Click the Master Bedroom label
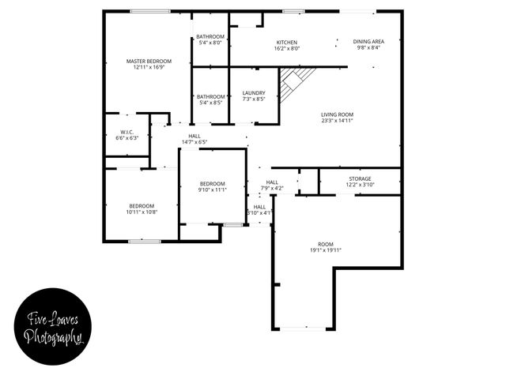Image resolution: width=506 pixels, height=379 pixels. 149,61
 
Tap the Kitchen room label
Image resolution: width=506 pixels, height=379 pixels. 286,42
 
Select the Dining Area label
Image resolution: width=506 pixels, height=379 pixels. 368,42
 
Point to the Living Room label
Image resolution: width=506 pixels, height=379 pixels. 337,114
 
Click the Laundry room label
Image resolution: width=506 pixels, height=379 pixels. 254,92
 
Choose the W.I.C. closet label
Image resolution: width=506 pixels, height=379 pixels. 126,132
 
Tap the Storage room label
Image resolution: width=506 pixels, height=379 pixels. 360,178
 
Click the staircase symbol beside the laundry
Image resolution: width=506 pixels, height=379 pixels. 296,80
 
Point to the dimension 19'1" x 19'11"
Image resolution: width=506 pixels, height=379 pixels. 325,250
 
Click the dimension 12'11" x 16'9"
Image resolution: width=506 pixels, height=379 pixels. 149,67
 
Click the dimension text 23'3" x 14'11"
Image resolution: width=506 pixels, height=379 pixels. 337,121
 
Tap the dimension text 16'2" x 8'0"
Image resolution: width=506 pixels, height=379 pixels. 286,48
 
